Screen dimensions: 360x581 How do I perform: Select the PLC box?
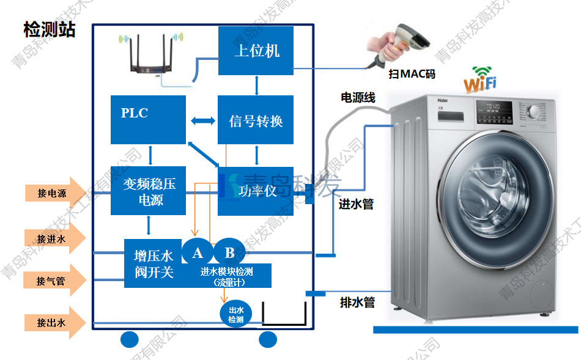pos(148,119)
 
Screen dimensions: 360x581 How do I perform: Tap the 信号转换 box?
pos(256,120)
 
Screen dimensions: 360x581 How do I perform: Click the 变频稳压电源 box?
pos(148,191)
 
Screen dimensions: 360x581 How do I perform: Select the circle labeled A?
pos(197,252)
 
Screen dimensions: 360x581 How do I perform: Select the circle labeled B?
pos(229,252)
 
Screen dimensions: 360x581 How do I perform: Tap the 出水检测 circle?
pos(235,314)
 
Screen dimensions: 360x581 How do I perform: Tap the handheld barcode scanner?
pos(400,44)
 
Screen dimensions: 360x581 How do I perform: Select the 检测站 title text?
pos(50,29)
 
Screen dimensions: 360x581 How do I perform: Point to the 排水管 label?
pos(357,302)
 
